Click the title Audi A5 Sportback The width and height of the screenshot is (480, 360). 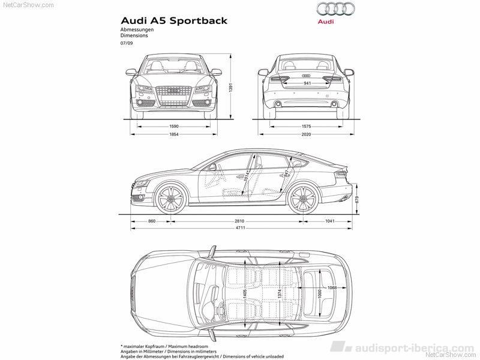(175, 20)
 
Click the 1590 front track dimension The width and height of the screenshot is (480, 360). (174, 127)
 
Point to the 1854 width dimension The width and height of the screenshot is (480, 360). (174, 135)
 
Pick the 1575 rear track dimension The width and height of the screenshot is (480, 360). (306, 127)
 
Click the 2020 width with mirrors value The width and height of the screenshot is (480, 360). (306, 135)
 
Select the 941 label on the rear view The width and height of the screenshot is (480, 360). (307, 84)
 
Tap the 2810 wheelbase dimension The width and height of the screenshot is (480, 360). (239, 221)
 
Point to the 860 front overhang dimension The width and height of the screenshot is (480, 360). (152, 221)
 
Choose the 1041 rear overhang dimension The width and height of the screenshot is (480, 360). (329, 221)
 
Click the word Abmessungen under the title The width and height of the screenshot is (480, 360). (137, 29)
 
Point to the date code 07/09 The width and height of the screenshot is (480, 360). (127, 43)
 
